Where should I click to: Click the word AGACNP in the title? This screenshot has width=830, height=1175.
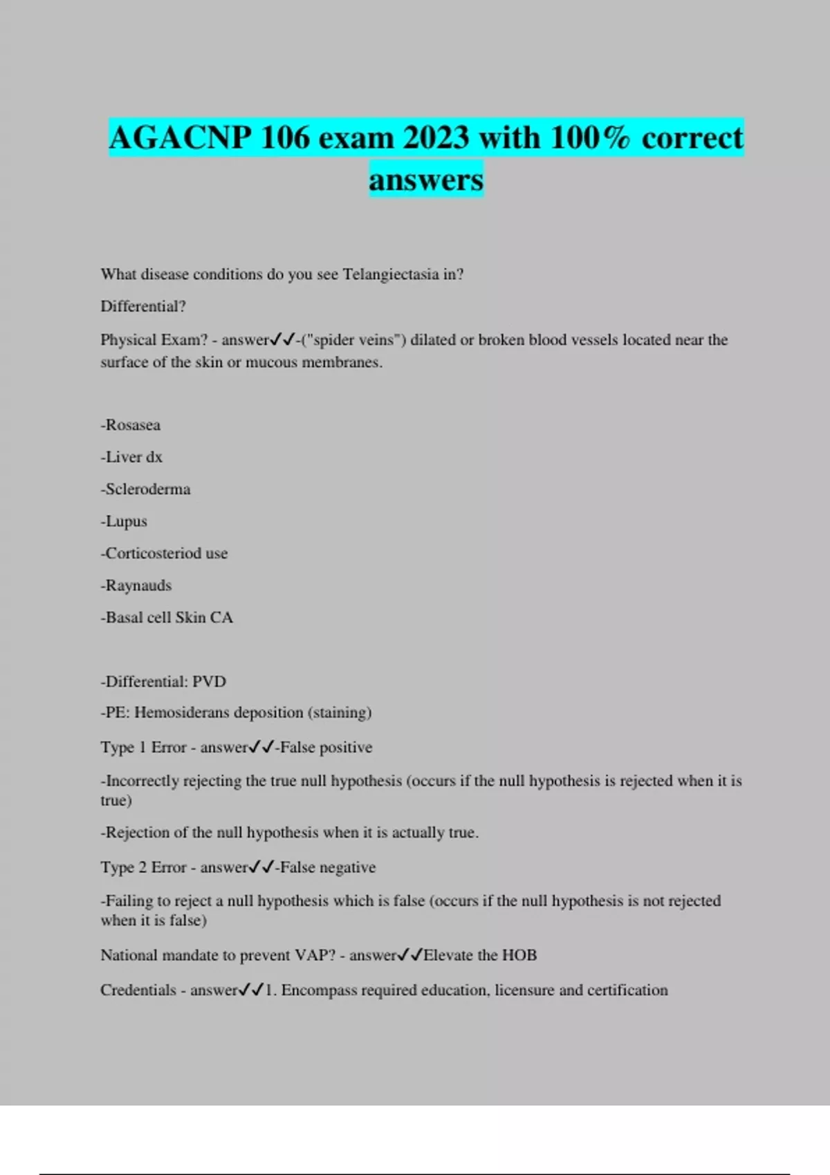(x=180, y=138)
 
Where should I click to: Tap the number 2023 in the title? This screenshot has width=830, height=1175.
(x=437, y=138)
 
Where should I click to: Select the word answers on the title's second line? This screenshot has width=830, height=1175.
(x=426, y=180)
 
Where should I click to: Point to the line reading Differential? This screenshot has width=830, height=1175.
(x=143, y=306)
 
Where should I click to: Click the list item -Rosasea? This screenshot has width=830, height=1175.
(x=131, y=425)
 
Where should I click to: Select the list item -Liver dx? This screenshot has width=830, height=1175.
(x=131, y=457)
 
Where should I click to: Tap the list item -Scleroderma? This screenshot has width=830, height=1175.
(x=145, y=489)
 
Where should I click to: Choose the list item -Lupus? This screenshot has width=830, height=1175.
(x=124, y=521)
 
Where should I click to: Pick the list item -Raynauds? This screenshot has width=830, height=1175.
(x=136, y=585)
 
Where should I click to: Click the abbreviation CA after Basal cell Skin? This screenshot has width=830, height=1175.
(x=221, y=617)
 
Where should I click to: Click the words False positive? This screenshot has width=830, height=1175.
(x=326, y=747)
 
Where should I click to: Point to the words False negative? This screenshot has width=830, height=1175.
(x=328, y=867)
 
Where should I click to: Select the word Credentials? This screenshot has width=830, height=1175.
(x=138, y=990)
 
